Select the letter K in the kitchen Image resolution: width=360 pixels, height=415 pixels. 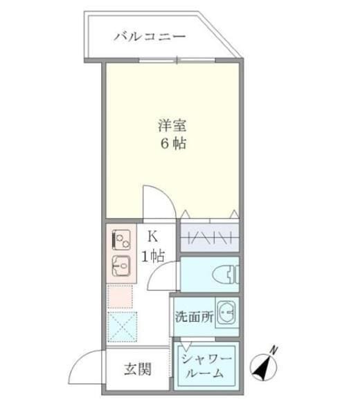coord(152,237)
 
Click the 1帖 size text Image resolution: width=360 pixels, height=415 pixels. coord(152,257)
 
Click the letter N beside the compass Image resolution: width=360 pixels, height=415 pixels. coord(273,349)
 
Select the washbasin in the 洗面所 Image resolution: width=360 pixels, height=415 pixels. coord(226,314)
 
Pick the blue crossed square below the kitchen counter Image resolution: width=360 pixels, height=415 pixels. coord(122,326)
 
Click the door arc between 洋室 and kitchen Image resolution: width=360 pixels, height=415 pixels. coord(156,201)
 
